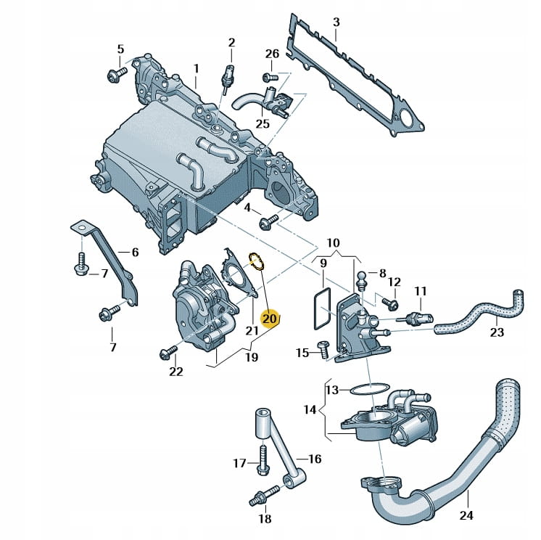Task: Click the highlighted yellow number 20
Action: (x=270, y=319)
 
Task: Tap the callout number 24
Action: (x=467, y=515)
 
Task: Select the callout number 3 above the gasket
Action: (x=336, y=22)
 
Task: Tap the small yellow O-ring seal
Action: (x=256, y=259)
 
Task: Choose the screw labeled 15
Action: (x=322, y=351)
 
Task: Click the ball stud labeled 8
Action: (x=363, y=276)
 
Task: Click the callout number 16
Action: (x=315, y=458)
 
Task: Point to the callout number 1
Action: (x=195, y=67)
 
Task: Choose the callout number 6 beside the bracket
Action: (x=135, y=252)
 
